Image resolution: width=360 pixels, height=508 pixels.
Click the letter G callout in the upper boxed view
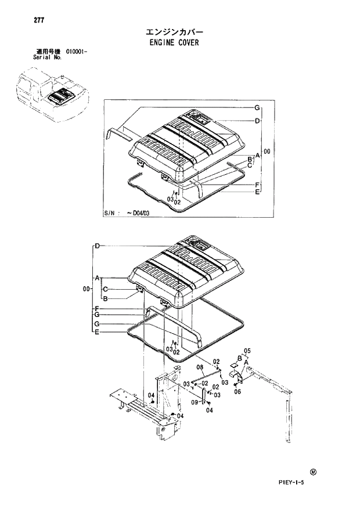[256, 108]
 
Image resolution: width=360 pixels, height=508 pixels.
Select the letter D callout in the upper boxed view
[256, 121]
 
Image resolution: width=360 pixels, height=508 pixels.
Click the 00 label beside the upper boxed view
[267, 152]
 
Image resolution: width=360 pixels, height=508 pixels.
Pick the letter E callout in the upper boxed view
[256, 191]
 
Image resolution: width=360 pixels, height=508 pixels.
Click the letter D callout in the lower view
[98, 246]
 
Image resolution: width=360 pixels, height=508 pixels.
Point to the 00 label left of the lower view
[87, 289]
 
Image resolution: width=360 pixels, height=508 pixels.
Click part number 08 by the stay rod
[199, 368]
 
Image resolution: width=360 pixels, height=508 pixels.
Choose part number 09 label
[195, 402]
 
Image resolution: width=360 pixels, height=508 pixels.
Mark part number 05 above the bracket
[246, 351]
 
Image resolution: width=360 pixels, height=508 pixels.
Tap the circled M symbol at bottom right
[313, 472]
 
